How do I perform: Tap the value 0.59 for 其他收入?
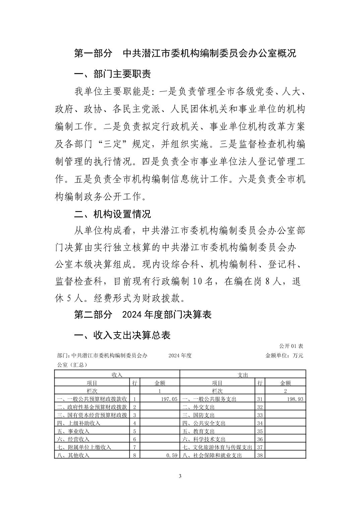(172, 455)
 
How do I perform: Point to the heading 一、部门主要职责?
(112, 74)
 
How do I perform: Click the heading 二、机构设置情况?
(112, 214)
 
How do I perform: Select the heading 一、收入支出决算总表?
(122, 335)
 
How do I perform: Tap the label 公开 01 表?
(291, 346)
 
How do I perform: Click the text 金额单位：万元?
(284, 355)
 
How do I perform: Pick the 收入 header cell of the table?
(117, 375)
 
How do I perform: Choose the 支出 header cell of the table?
(243, 375)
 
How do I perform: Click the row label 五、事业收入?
(73, 431)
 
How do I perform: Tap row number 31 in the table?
(260, 399)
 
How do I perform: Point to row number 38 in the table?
(260, 455)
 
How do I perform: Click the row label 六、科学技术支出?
(204, 439)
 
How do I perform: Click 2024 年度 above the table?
(180, 355)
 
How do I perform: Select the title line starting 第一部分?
(185, 53)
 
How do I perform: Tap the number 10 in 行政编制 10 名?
(197, 281)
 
